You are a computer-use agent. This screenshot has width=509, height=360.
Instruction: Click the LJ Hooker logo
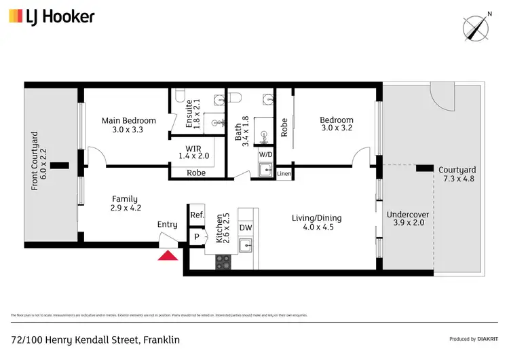tap(52, 16)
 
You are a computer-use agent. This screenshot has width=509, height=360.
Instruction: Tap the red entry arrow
tap(167, 255)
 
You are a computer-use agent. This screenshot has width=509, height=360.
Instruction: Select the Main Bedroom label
tap(129, 125)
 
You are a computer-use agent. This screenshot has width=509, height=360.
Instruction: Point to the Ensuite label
tap(193, 114)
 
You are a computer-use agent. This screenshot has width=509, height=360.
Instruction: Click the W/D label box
tap(265, 154)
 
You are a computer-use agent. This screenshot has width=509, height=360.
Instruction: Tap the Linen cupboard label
tap(284, 174)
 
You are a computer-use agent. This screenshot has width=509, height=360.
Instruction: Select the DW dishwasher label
tap(246, 228)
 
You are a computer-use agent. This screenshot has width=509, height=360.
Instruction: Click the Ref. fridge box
tap(197, 215)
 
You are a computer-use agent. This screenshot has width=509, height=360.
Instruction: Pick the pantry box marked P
tap(197, 238)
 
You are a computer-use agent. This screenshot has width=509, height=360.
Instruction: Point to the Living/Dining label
tap(317, 223)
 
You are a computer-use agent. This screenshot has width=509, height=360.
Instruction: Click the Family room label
tap(126, 203)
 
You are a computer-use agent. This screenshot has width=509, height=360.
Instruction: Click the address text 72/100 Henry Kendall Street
tap(95, 339)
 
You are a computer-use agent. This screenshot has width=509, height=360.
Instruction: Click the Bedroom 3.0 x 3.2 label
tap(337, 125)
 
